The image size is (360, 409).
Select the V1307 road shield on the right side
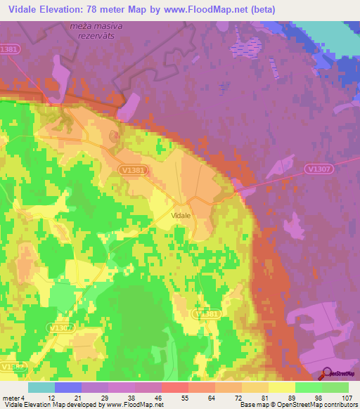click(318, 169)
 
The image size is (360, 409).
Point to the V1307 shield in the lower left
click(60, 327)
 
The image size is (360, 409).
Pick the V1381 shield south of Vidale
click(207, 315)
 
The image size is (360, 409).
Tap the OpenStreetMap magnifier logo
click(326, 375)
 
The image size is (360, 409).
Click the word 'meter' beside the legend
click(11, 398)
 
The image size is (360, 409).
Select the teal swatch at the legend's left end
click(41, 387)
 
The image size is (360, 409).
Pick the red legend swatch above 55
click(174, 387)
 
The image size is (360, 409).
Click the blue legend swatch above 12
click(68, 387)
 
